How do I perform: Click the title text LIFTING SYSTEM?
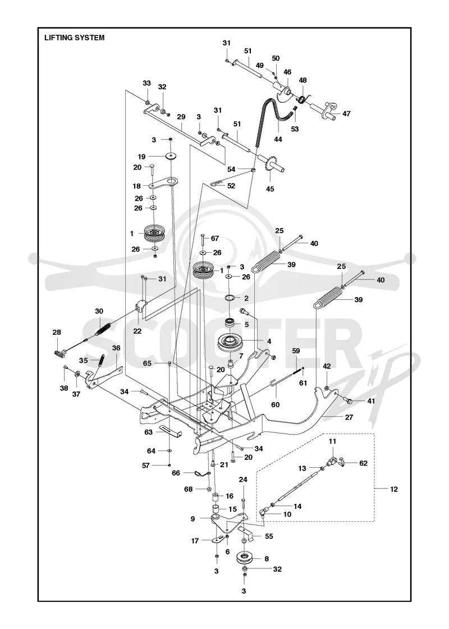[75, 38]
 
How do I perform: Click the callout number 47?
[346, 113]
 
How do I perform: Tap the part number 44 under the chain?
[278, 139]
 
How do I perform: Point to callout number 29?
[181, 117]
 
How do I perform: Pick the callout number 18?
[137, 186]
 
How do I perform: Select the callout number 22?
[138, 331]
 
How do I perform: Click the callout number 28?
[57, 332]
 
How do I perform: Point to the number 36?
[116, 348]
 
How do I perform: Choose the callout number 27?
[349, 417]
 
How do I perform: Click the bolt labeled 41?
[349, 400]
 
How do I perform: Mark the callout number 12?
[393, 489]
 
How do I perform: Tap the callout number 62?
[363, 463]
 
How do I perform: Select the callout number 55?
[269, 536]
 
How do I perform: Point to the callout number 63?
[148, 432]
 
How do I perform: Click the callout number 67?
[215, 238]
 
